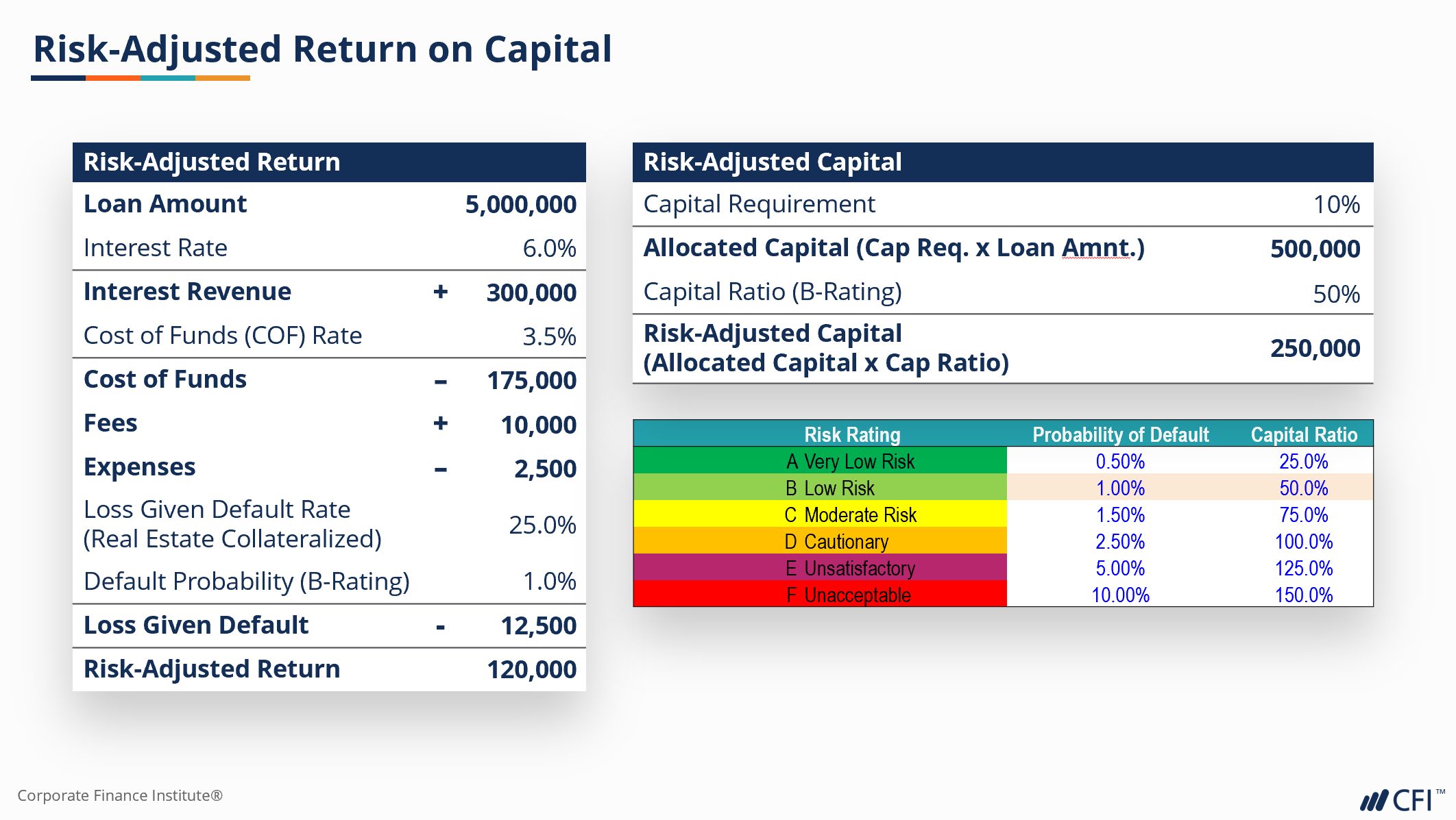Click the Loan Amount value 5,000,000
tap(520, 204)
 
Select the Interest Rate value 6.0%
tap(549, 248)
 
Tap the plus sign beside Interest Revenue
tap(441, 292)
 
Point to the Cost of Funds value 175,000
tap(531, 380)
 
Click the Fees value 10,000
tap(538, 425)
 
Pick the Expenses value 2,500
tap(545, 469)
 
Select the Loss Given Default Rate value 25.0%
tap(542, 525)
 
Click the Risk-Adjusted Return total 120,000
tap(531, 669)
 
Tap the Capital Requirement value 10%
tap(1336, 204)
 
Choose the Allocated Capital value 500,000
tap(1315, 249)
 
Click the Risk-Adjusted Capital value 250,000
tap(1315, 348)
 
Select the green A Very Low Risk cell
tap(820, 461)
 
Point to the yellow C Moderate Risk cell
tap(820, 514)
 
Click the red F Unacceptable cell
tap(820, 595)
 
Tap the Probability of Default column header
tap(1120, 434)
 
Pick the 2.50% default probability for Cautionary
tap(1120, 541)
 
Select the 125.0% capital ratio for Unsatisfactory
tap(1303, 568)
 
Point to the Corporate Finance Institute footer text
tap(120, 795)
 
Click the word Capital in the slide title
tap(548, 49)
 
